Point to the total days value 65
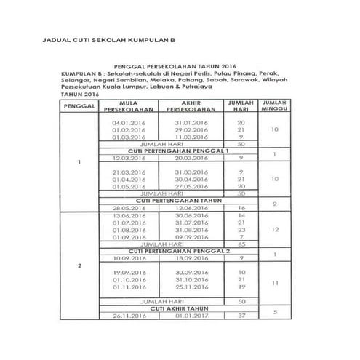(241, 244)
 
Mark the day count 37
(241, 316)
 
